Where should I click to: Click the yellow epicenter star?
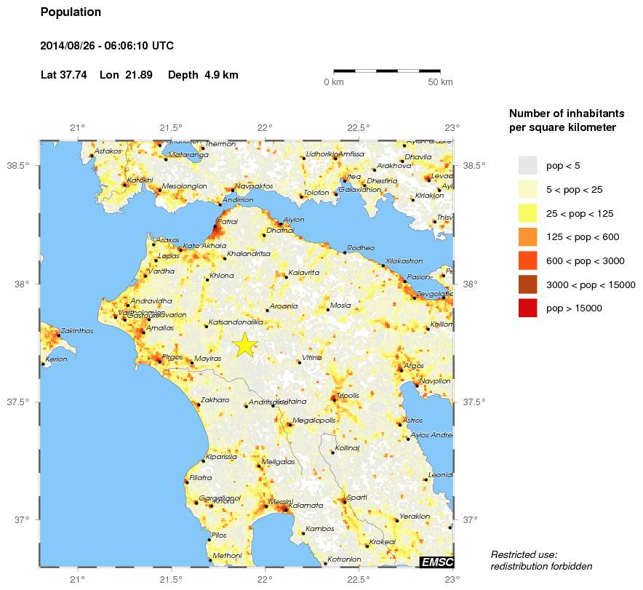245,345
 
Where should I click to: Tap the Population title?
71,12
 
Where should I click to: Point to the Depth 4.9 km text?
203,75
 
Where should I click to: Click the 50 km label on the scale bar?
441,82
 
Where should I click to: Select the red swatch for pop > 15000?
527,308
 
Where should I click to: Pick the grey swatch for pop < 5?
527,166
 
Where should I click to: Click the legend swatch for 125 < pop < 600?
527,237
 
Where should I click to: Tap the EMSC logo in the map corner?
436,561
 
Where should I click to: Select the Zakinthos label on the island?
76,330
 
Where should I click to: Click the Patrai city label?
228,221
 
